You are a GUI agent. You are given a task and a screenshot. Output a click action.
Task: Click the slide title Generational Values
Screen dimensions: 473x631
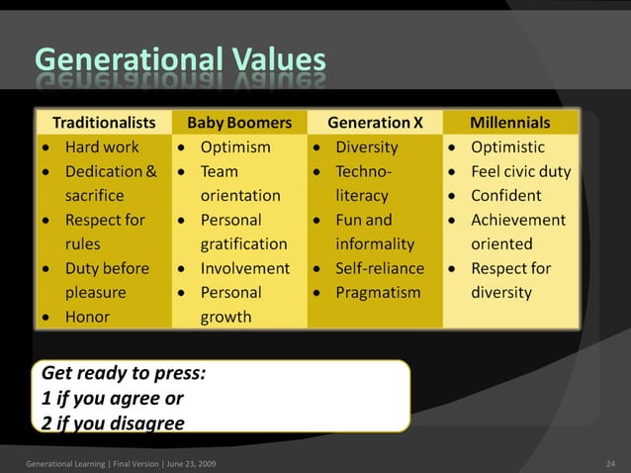[x=180, y=60]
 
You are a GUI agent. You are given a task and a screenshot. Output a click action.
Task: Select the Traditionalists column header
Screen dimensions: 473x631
[x=104, y=123]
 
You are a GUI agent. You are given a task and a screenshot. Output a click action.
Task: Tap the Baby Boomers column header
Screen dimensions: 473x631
[x=239, y=123]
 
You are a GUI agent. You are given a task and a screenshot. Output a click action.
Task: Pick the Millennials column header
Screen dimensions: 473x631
[x=509, y=123]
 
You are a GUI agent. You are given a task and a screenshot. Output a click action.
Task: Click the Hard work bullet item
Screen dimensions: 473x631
[x=101, y=147]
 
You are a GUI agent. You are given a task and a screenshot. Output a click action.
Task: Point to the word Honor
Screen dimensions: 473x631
[x=87, y=317]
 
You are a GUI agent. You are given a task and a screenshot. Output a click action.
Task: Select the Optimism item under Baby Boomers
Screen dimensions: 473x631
[x=235, y=147]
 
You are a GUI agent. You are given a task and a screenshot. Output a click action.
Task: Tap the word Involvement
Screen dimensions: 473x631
[x=245, y=268]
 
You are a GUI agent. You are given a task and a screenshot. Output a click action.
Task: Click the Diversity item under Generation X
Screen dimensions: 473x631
[x=367, y=147]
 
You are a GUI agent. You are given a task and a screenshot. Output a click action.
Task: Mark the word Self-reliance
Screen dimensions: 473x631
[x=380, y=268]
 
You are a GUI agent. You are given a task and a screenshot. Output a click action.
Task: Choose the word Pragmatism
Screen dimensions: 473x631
[x=378, y=293]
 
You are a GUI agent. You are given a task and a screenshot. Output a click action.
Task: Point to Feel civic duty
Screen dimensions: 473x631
[x=520, y=171]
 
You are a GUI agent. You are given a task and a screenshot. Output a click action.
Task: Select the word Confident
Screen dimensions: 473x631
[x=505, y=196]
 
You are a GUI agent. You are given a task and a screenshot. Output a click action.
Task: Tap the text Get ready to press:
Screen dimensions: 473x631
[x=124, y=375]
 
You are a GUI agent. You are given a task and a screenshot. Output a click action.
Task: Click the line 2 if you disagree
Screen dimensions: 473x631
[x=113, y=423]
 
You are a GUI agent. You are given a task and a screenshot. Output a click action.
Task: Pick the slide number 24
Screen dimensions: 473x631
[x=610, y=463]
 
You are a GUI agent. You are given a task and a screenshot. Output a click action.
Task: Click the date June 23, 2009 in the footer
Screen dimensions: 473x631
[x=188, y=463]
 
